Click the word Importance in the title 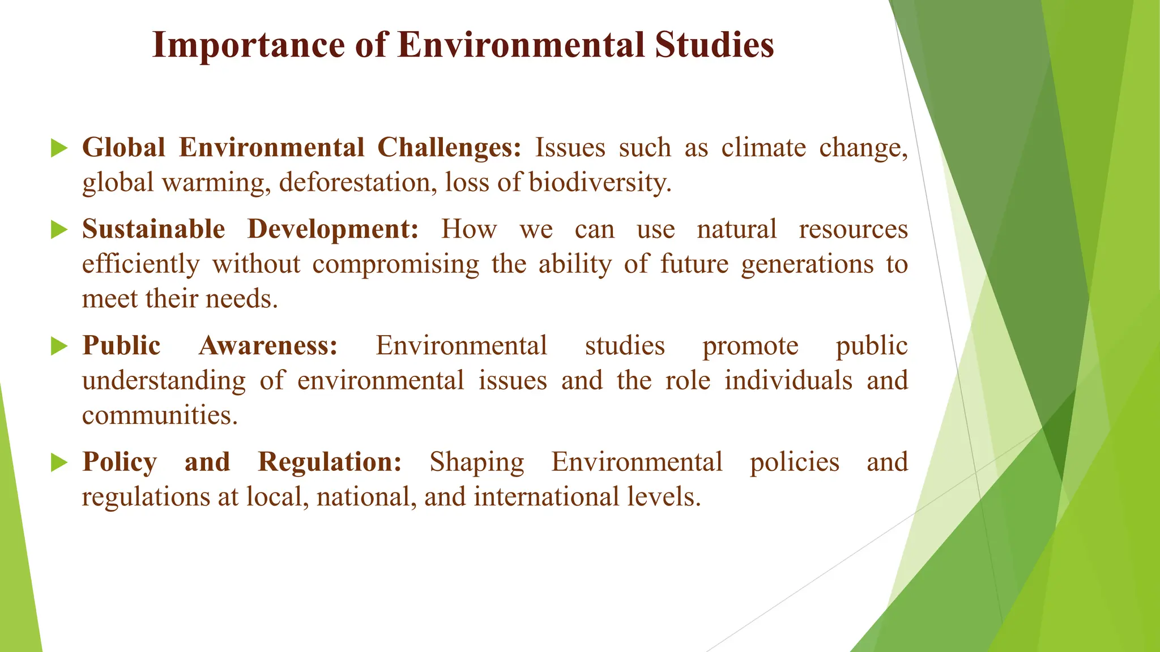pyautogui.click(x=248, y=45)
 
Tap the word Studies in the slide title pyautogui.click(x=714, y=45)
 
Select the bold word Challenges pyautogui.click(x=449, y=148)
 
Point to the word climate pyautogui.click(x=763, y=148)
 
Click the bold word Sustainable pyautogui.click(x=153, y=230)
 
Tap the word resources pyautogui.click(x=853, y=230)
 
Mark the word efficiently pyautogui.click(x=141, y=265)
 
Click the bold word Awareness pyautogui.click(x=268, y=346)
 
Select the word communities pyautogui.click(x=159, y=415)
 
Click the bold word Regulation pyautogui.click(x=330, y=463)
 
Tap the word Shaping pyautogui.click(x=476, y=463)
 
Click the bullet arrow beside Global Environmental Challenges pyautogui.click(x=58, y=148)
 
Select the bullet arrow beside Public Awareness pyautogui.click(x=58, y=346)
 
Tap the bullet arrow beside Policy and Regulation pyautogui.click(x=58, y=462)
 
